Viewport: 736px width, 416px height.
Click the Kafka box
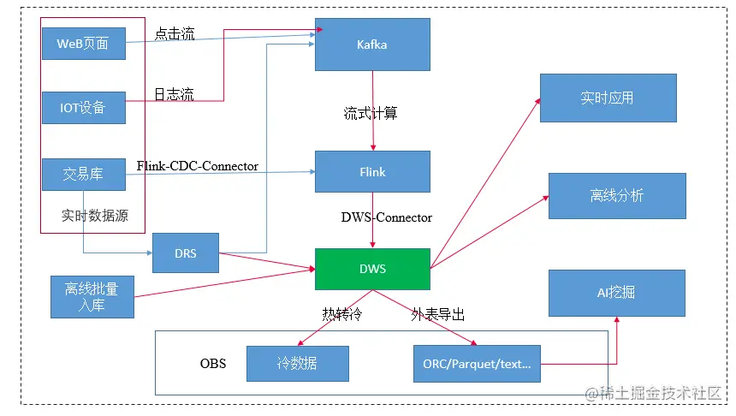(371, 45)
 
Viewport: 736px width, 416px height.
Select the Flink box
(371, 172)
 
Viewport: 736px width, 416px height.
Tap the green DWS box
(371, 269)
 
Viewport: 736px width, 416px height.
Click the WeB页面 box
(83, 44)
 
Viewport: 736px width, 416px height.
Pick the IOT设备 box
(83, 108)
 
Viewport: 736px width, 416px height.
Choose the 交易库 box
(83, 174)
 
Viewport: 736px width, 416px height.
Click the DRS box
(185, 253)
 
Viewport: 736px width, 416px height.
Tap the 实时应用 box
(608, 98)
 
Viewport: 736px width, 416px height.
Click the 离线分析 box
(616, 196)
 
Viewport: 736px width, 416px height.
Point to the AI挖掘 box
(616, 293)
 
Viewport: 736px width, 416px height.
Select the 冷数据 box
(297, 364)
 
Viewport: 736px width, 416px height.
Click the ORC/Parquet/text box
(476, 364)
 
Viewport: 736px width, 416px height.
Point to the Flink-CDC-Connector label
(197, 166)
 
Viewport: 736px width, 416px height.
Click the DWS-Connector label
(386, 217)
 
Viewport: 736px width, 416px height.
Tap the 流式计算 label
(371, 113)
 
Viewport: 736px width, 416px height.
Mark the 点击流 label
(175, 34)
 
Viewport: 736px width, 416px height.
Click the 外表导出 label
(438, 315)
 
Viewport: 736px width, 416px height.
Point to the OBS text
(213, 364)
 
